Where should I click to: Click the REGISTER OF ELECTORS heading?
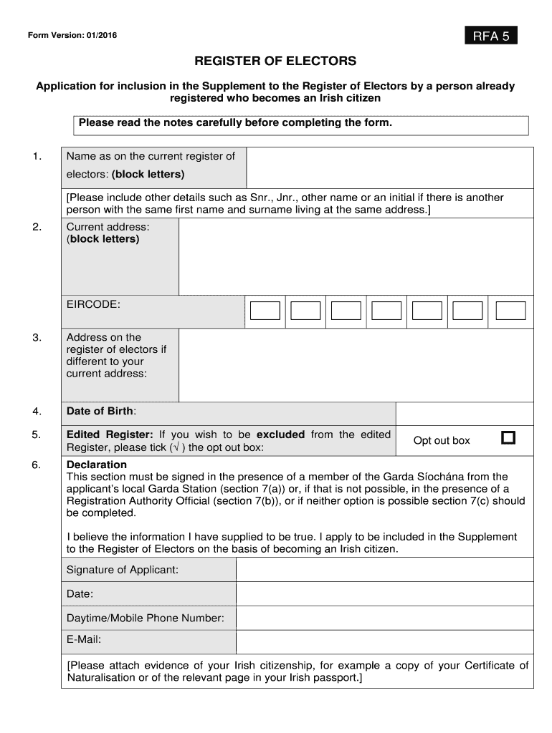pyautogui.click(x=276, y=62)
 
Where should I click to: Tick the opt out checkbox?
pyautogui.click(x=508, y=437)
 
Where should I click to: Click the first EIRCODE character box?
pyautogui.click(x=265, y=310)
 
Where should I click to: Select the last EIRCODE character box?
pyautogui.click(x=511, y=310)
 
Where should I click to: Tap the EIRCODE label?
pyautogui.click(x=93, y=305)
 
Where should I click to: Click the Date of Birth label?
pyautogui.click(x=101, y=411)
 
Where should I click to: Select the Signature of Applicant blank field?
pyautogui.click(x=384, y=570)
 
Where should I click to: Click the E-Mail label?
pyautogui.click(x=84, y=639)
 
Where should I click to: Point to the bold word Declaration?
pyautogui.click(x=97, y=465)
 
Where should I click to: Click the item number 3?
pyautogui.click(x=37, y=337)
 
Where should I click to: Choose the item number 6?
pyautogui.click(x=37, y=465)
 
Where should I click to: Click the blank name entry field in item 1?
pyautogui.click(x=389, y=168)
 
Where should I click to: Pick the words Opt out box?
pyautogui.click(x=442, y=440)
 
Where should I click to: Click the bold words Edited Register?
pyautogui.click(x=110, y=435)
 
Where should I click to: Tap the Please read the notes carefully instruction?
pyautogui.click(x=235, y=122)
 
